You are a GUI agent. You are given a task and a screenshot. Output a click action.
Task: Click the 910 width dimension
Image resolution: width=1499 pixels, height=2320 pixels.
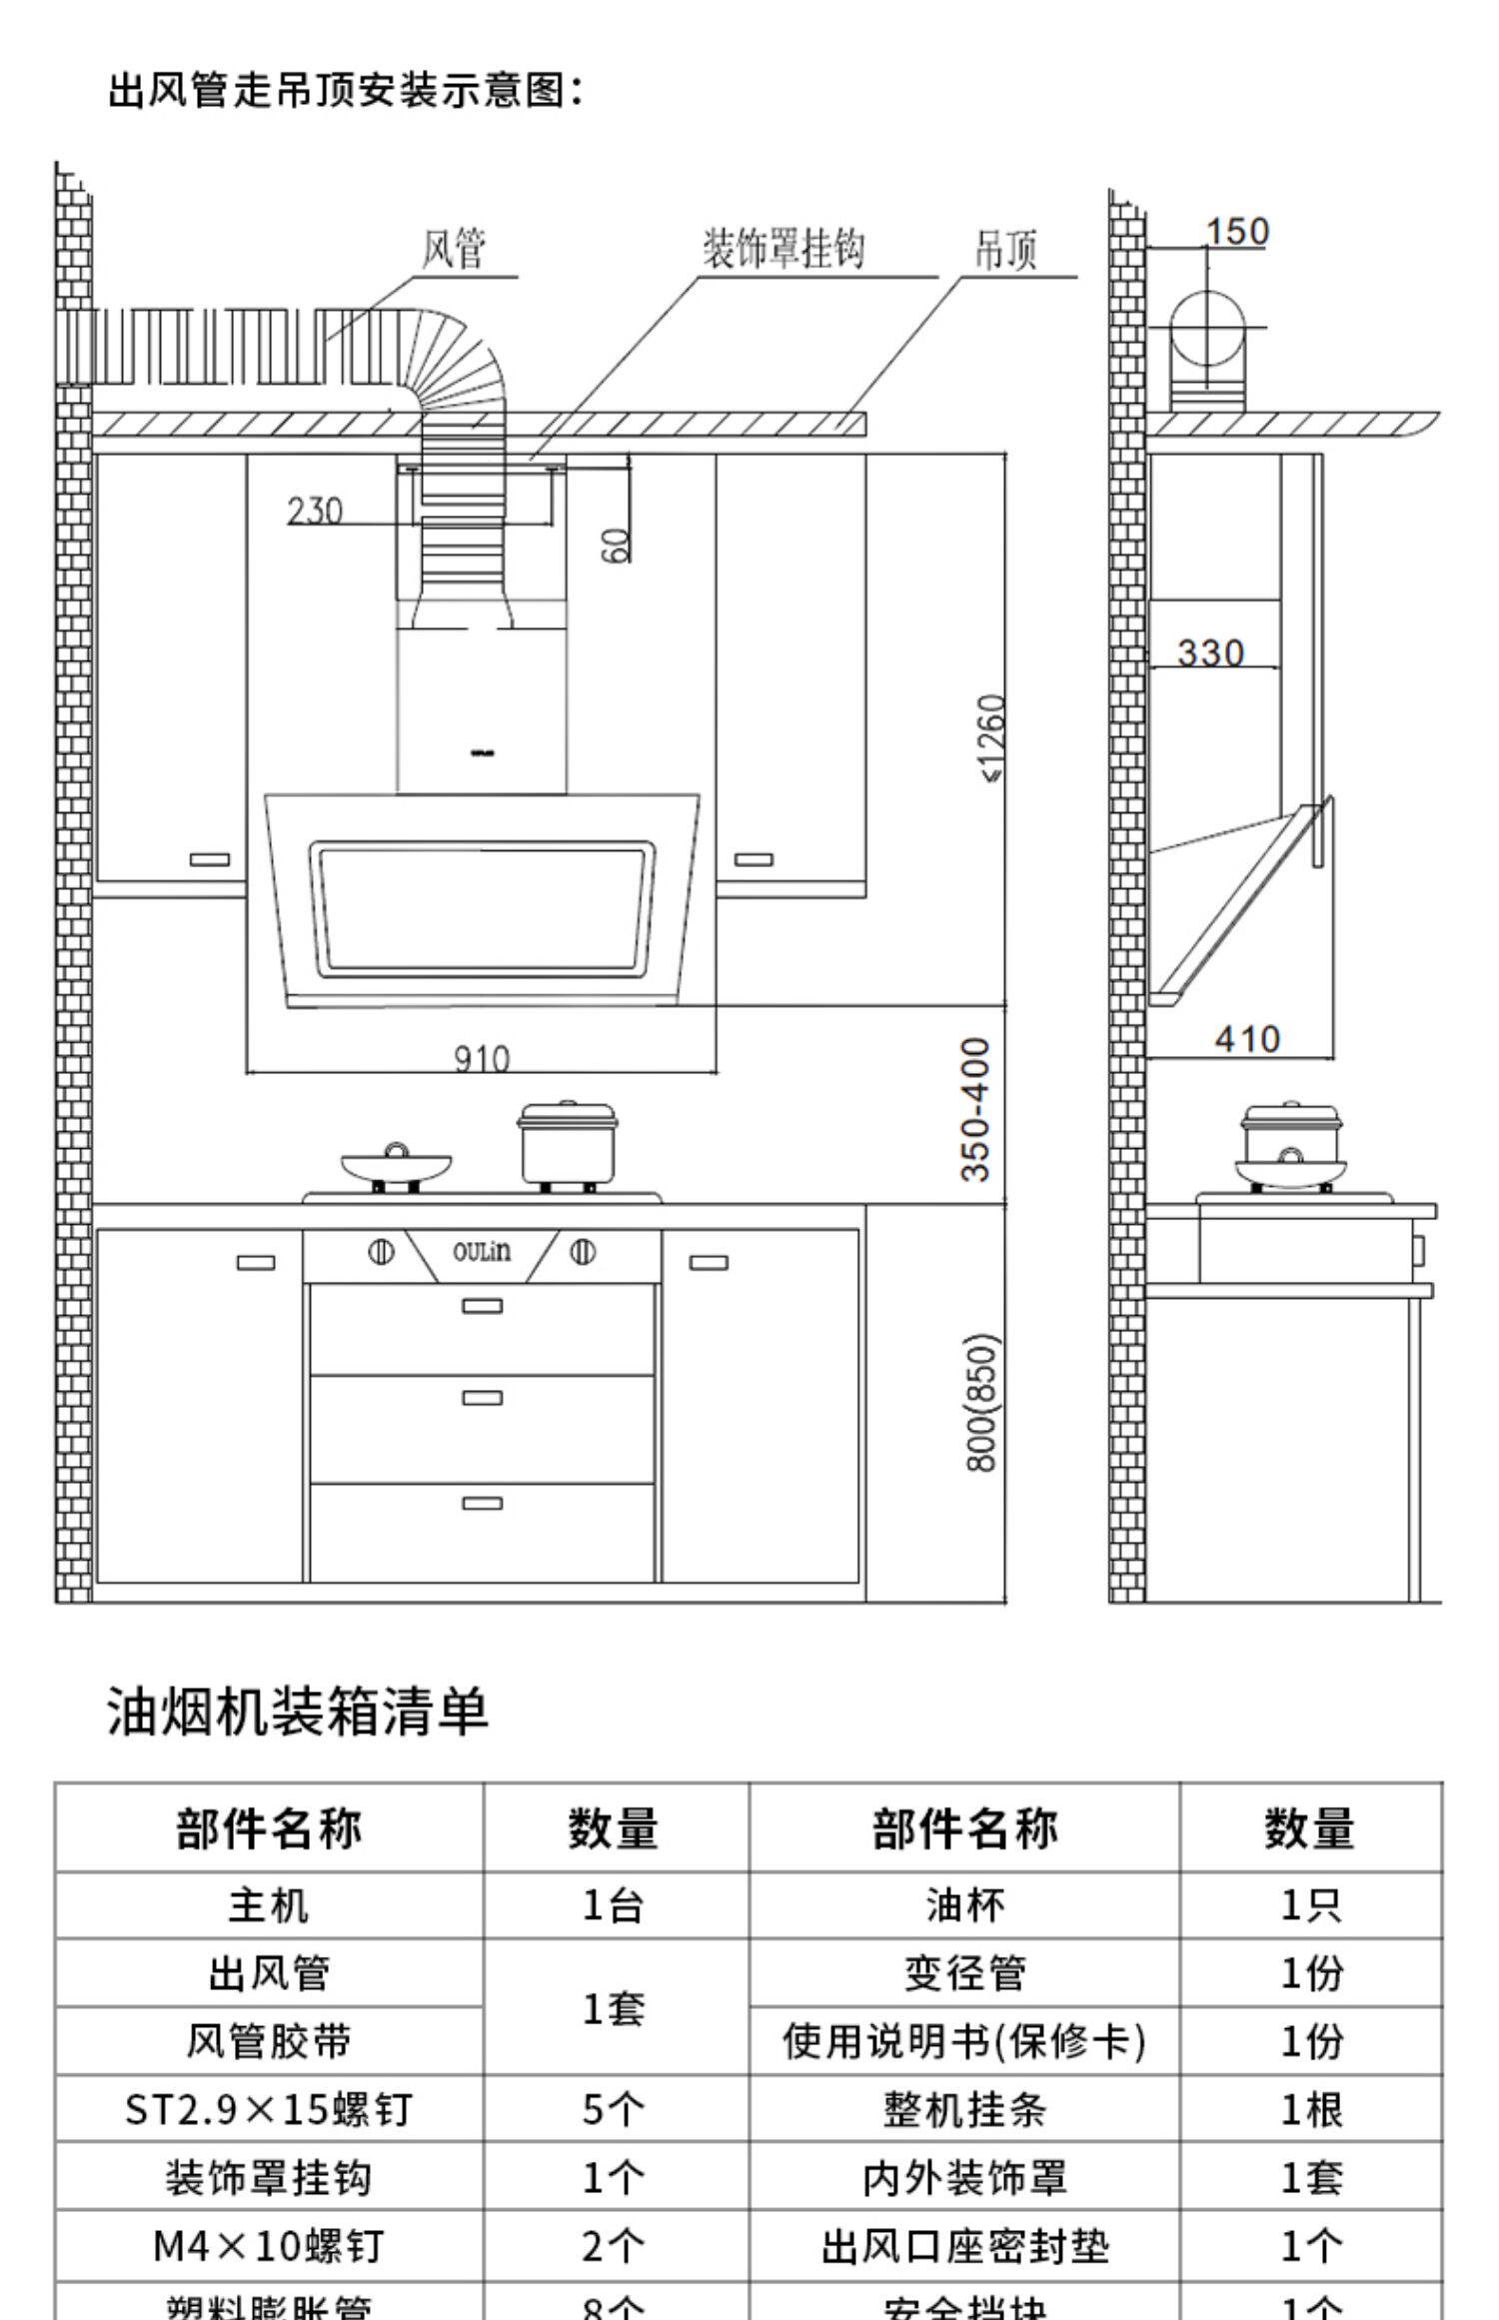[482, 1058]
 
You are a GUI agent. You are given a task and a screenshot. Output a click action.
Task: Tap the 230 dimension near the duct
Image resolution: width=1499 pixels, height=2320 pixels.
[315, 511]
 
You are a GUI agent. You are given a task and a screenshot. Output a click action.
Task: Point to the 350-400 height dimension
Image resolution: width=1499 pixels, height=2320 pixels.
[975, 1108]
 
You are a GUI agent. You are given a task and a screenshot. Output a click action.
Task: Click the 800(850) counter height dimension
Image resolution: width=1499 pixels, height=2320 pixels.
[981, 1402]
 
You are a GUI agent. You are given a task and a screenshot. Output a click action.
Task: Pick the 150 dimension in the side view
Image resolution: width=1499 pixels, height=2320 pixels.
[1236, 232]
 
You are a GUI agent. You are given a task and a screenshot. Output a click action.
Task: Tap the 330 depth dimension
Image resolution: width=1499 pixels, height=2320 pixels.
[1210, 652]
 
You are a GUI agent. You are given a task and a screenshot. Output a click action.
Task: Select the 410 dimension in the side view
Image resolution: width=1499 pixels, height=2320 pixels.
[1247, 1039]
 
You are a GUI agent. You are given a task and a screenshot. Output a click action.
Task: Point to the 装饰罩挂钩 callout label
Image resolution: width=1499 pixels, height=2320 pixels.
[782, 249]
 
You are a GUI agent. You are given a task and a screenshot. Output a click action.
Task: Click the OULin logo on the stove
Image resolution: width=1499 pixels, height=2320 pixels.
[482, 1251]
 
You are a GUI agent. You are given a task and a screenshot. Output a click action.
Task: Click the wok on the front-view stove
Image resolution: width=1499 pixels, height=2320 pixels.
[396, 1165]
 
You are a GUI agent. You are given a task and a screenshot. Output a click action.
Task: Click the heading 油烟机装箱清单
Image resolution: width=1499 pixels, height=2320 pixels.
[298, 1712]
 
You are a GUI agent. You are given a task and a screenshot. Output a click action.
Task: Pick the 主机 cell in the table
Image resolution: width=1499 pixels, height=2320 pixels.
[269, 1906]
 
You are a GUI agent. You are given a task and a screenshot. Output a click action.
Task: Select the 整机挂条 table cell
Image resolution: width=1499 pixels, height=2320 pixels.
[964, 2110]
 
